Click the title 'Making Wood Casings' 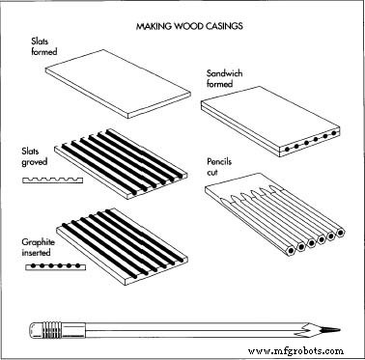click(189, 26)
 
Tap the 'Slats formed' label click(44, 46)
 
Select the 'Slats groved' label click(35, 156)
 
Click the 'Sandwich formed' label click(224, 78)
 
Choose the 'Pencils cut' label click(219, 167)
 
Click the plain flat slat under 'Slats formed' click(118, 84)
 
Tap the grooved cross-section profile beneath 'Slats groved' click(52, 180)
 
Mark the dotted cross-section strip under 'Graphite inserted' click(55, 266)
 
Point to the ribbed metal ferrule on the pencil click(51, 330)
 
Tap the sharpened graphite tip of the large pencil click(329, 330)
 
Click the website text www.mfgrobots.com click(295, 350)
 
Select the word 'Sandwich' click(224, 73)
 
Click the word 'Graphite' click(38, 242)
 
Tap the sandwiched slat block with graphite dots click(270, 122)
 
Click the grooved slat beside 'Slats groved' click(121, 164)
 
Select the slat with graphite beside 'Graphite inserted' click(123, 247)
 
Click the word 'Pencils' click(219, 161)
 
